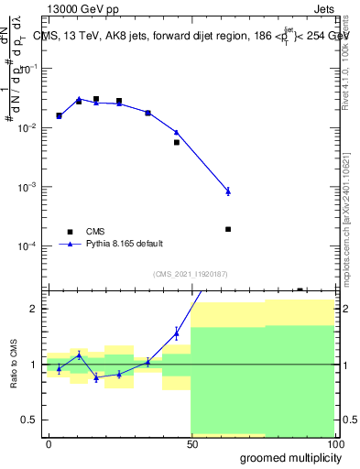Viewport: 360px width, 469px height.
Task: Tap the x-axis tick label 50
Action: [191, 444]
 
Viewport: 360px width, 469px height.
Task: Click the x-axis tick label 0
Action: [49, 444]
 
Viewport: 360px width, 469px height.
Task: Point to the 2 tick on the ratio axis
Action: [35, 309]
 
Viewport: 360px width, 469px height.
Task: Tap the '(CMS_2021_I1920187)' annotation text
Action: [190, 274]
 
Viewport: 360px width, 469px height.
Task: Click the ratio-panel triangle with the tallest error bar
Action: [177, 333]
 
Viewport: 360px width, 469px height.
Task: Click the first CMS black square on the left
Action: [59, 116]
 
